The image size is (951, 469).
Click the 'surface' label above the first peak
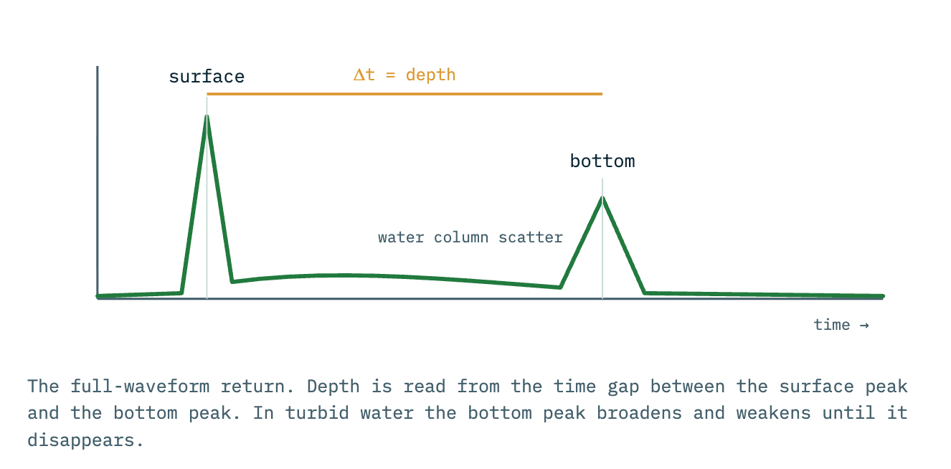pyautogui.click(x=207, y=77)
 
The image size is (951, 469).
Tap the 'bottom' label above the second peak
pyautogui.click(x=602, y=161)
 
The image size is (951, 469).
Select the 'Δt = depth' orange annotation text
pyautogui.click(x=404, y=75)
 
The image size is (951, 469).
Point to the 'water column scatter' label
pyautogui.click(x=470, y=237)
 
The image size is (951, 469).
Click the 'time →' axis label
pyautogui.click(x=841, y=325)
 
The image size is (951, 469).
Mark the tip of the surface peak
pyautogui.click(x=207, y=116)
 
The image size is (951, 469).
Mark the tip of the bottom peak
pyautogui.click(x=602, y=197)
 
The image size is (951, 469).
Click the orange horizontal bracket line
pyautogui.click(x=404, y=94)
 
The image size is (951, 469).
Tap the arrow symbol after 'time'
pyautogui.click(x=864, y=326)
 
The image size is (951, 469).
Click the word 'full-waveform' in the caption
pyautogui.click(x=140, y=387)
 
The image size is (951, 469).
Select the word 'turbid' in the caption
pyautogui.click(x=317, y=413)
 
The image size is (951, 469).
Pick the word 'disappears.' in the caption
pyautogui.click(x=86, y=440)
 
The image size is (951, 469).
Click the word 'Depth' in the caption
pyautogui.click(x=333, y=387)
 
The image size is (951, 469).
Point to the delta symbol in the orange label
pyautogui.click(x=359, y=75)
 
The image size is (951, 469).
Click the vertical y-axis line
pyautogui.click(x=98, y=182)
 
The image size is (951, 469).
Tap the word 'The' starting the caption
pyautogui.click(x=43, y=387)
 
